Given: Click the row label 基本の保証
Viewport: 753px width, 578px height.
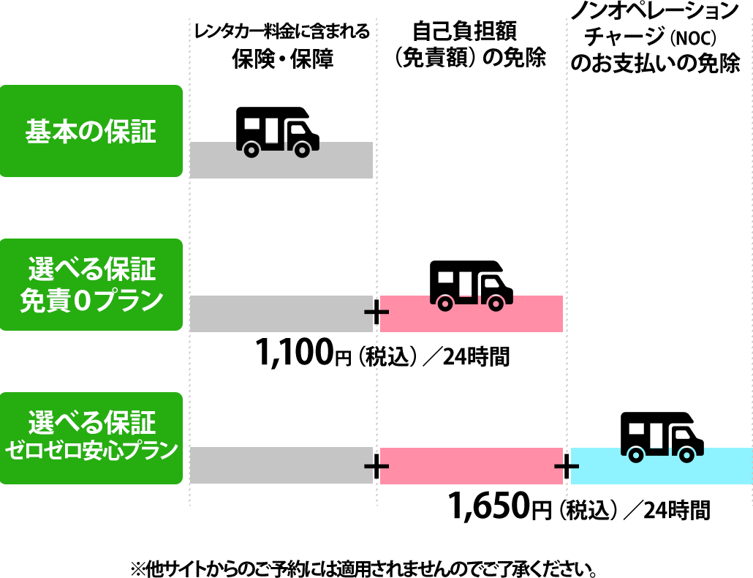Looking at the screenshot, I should tap(91, 132).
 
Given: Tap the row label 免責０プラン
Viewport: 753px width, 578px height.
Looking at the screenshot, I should tap(91, 301).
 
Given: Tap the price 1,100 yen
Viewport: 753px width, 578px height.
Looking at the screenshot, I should tap(294, 353).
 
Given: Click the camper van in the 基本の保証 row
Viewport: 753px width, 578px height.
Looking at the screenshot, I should tap(277, 132).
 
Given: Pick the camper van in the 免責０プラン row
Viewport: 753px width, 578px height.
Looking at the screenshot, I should tap(471, 285).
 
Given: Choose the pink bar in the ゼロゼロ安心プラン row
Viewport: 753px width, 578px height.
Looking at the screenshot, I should tap(471, 465).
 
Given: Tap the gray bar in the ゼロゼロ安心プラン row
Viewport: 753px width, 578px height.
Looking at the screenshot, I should tap(281, 465).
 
